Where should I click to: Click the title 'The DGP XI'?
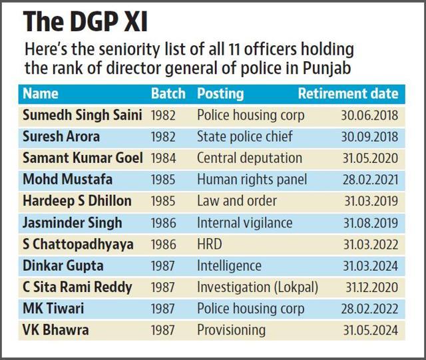pyautogui.click(x=85, y=22)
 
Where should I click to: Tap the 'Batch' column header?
pyautogui.click(x=168, y=93)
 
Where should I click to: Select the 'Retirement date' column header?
pyautogui.click(x=348, y=93)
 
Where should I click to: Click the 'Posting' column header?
pyautogui.click(x=220, y=94)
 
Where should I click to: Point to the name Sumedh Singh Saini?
pyautogui.click(x=83, y=115)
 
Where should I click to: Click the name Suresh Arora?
pyautogui.click(x=61, y=136)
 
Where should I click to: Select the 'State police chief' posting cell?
pyautogui.click(x=245, y=136)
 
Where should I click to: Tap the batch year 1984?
pyautogui.click(x=163, y=158)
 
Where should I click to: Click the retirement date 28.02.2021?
pyautogui.click(x=370, y=180)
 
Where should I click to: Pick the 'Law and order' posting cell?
pyautogui.click(x=237, y=201)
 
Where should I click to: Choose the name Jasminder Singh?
pyautogui.click(x=73, y=223)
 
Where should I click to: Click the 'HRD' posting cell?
pyautogui.click(x=210, y=244)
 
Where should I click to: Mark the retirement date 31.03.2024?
pyautogui.click(x=371, y=266)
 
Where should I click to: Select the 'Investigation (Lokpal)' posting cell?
pyautogui.click(x=258, y=287)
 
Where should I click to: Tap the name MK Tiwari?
pyautogui.click(x=53, y=309)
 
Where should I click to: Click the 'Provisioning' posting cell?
pyautogui.click(x=231, y=330)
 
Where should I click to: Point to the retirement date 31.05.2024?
pyautogui.click(x=371, y=330)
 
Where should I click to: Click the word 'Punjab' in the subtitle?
pyautogui.click(x=327, y=68)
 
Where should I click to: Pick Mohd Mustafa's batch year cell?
pyautogui.click(x=163, y=180)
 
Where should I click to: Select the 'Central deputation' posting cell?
pyautogui.click(x=250, y=158)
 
